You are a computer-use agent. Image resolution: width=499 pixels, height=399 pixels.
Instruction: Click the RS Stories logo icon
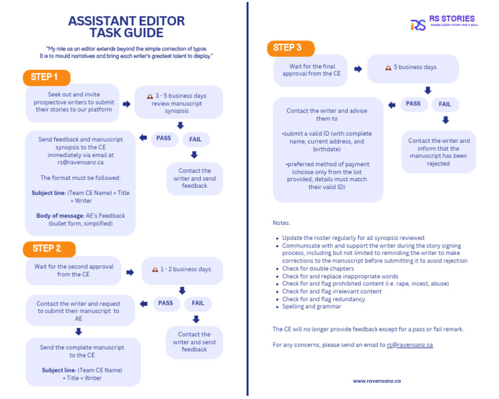pos(418,25)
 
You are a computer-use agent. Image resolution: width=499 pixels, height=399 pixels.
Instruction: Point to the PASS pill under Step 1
pos(164,138)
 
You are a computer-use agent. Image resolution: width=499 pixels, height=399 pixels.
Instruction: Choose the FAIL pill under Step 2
pos(198,303)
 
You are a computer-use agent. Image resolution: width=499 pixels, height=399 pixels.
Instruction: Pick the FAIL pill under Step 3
pos(444,104)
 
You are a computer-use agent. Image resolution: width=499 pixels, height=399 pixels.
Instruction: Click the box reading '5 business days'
pos(413,68)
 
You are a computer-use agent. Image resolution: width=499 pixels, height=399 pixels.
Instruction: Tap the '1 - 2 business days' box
pos(182,269)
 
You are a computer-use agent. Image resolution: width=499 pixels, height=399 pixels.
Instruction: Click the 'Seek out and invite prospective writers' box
pos(72,102)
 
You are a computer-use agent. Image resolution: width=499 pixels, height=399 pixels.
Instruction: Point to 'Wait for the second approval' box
pos(71,270)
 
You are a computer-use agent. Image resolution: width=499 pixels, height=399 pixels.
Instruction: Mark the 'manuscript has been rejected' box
pos(439,152)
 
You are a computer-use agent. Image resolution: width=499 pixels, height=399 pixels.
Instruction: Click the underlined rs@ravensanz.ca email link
pos(409,345)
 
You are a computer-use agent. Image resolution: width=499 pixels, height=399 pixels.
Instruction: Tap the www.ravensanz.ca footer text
pos(377,381)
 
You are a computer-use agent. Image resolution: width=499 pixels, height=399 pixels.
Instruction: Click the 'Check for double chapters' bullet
pos(318,268)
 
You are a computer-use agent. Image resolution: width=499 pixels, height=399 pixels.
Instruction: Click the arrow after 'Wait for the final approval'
pos(358,69)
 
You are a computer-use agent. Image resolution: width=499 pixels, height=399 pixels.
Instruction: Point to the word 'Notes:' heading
pos(281,223)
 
